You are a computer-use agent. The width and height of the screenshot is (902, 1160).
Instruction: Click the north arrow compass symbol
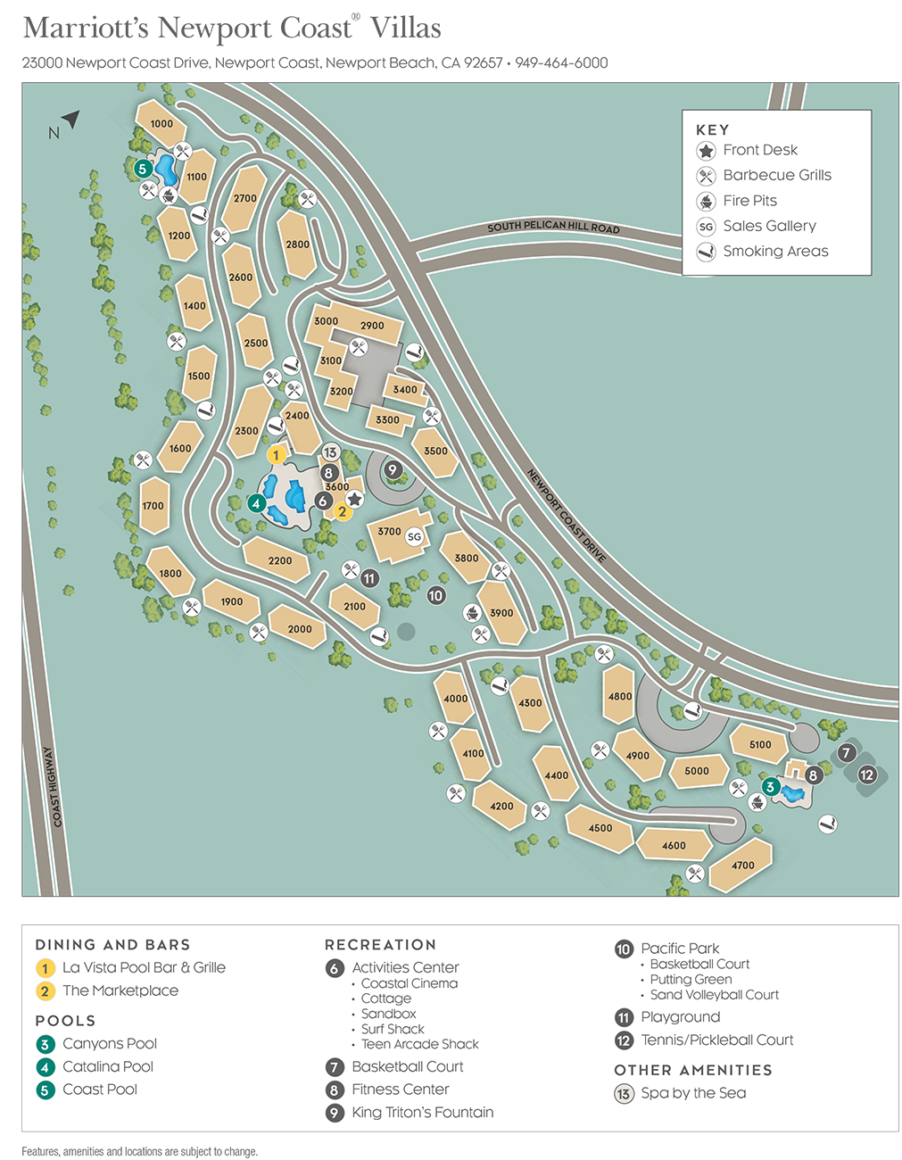tap(70, 120)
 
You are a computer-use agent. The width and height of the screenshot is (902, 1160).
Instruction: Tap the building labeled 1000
tap(161, 124)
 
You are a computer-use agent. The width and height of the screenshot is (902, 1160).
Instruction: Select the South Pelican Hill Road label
tap(553, 228)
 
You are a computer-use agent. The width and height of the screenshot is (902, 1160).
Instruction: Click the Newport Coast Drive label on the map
tap(566, 516)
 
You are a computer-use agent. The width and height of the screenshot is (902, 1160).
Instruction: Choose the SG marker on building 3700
tap(414, 536)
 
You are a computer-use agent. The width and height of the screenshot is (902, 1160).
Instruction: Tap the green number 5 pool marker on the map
tap(142, 169)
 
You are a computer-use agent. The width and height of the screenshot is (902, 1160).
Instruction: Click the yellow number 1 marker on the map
tap(276, 455)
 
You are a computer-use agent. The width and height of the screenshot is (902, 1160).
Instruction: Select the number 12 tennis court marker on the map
tap(866, 775)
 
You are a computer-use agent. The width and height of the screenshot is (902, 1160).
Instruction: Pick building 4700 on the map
tap(742, 865)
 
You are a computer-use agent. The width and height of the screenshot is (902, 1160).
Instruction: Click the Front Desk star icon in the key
tap(706, 151)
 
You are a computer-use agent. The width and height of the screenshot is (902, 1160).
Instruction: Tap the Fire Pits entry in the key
tap(749, 201)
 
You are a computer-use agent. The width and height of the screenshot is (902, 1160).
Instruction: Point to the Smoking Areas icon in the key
tap(706, 252)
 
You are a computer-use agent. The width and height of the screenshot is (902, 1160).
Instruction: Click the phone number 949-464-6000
tap(561, 63)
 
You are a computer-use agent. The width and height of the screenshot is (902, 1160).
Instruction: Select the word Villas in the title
tap(405, 29)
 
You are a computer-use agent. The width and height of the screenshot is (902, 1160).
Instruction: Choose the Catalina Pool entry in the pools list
tap(107, 1066)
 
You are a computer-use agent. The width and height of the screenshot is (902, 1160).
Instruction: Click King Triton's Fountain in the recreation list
tap(422, 1112)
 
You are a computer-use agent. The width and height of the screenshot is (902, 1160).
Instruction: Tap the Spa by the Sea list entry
tap(693, 1093)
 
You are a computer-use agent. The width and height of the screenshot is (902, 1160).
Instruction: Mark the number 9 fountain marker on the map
tap(393, 470)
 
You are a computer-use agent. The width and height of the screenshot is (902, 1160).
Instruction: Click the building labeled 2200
tap(279, 560)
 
